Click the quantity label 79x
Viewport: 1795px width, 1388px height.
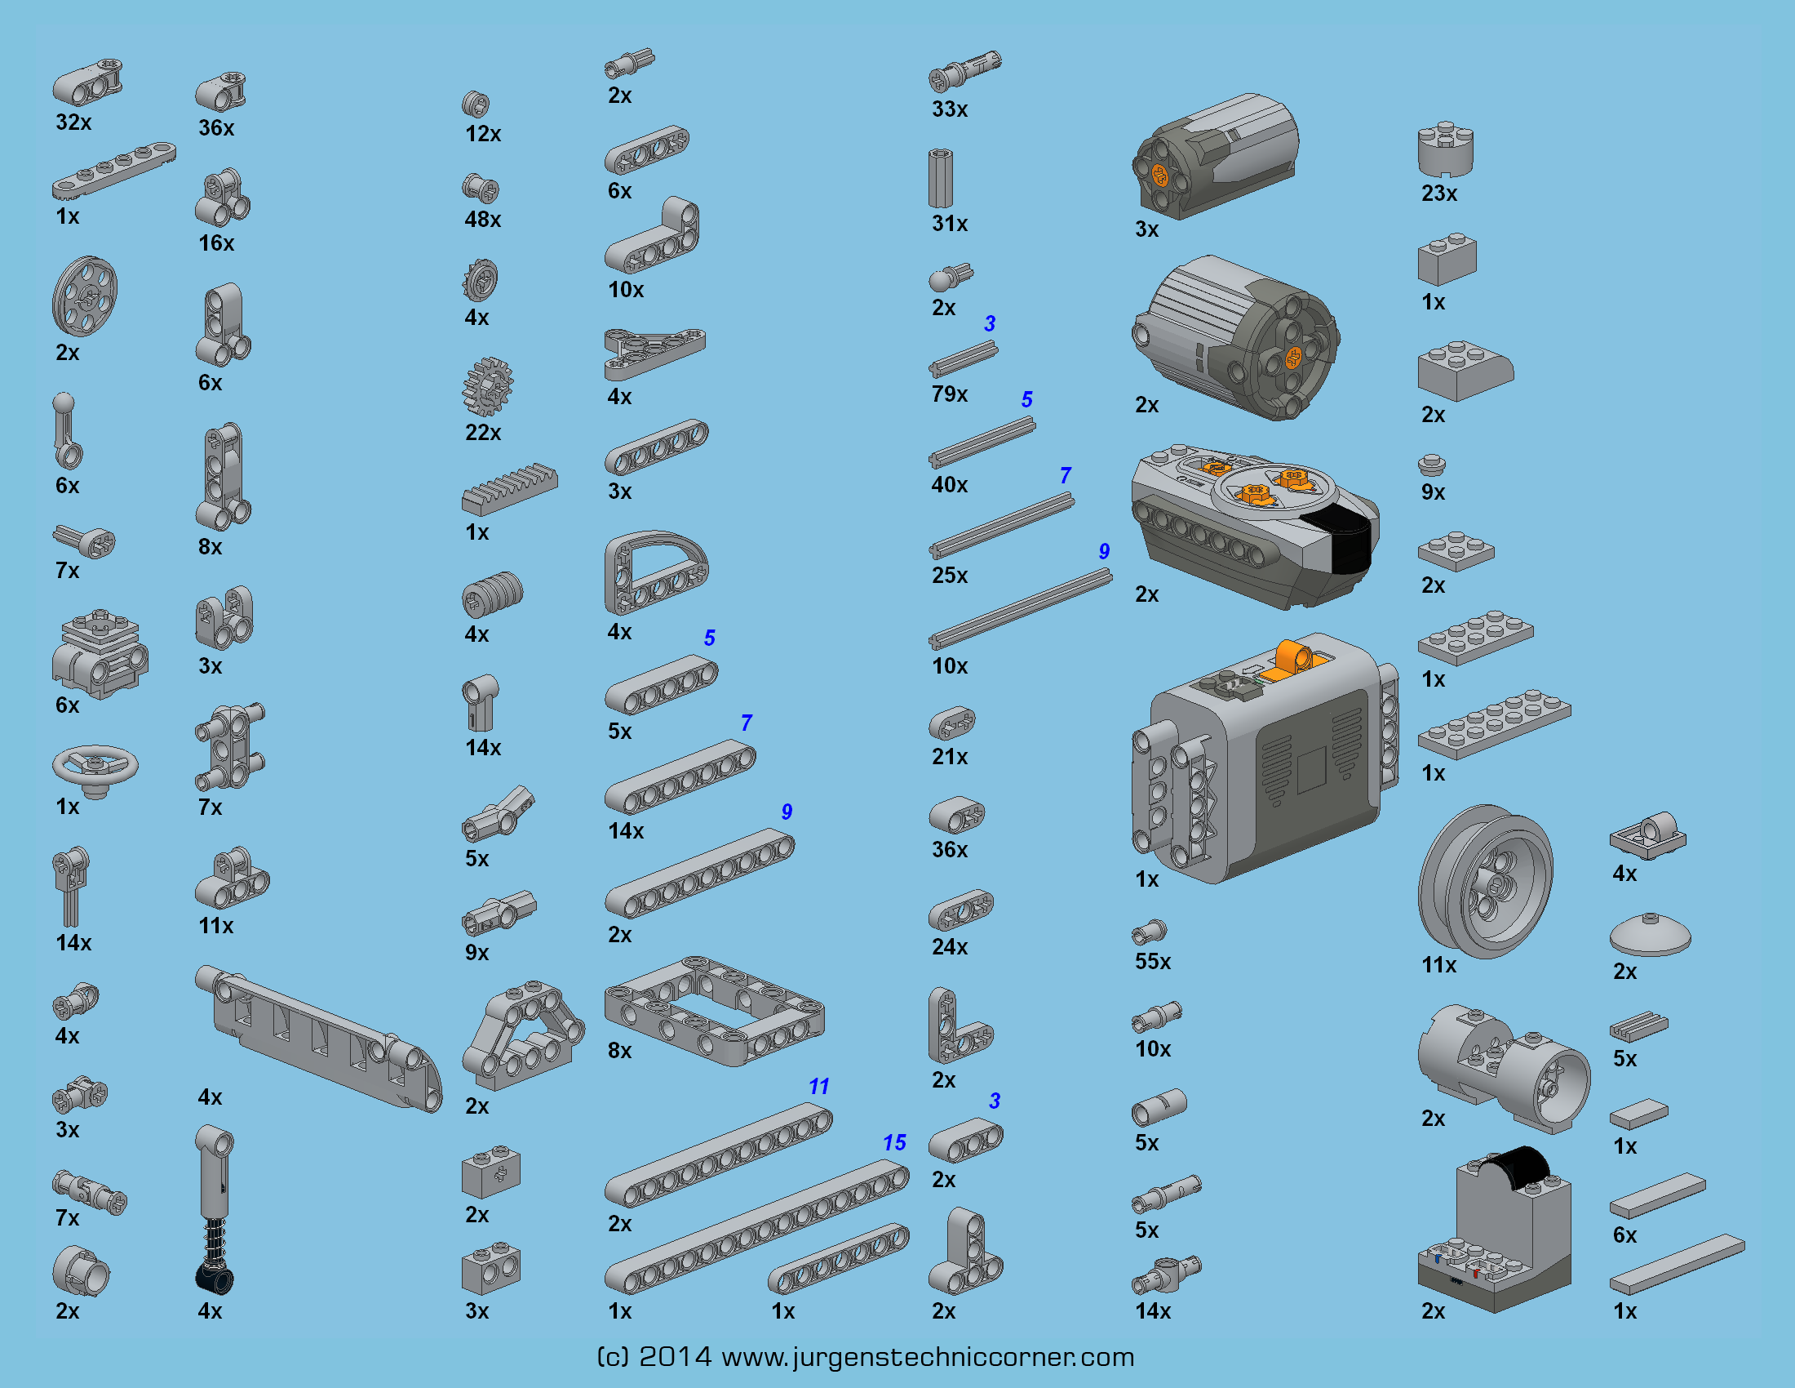point(949,394)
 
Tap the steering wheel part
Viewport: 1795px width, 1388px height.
point(95,770)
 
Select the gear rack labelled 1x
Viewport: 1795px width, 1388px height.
point(510,488)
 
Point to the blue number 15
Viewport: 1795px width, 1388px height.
point(894,1142)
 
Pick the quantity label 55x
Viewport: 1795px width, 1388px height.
point(1152,961)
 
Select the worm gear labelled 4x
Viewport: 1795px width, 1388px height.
point(492,594)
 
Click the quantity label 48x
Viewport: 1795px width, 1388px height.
point(482,220)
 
